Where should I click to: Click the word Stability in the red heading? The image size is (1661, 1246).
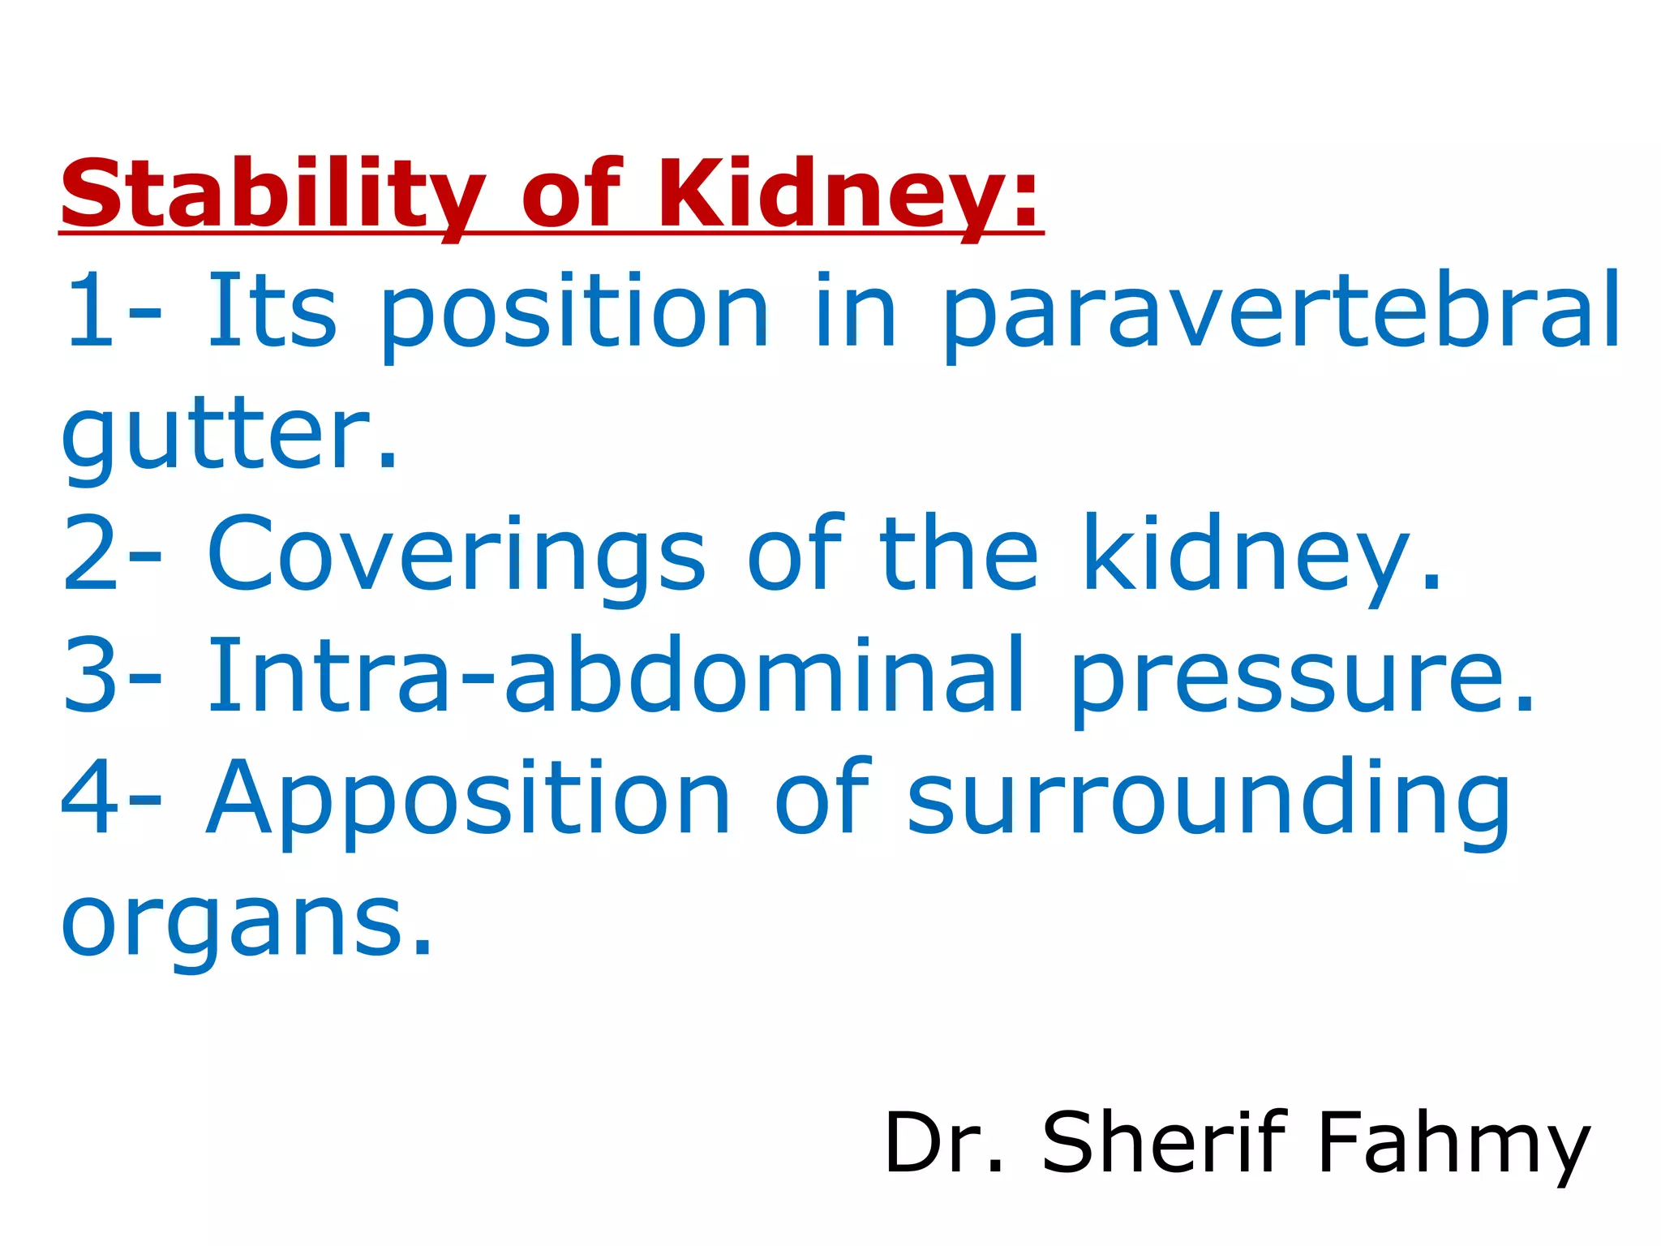(x=273, y=195)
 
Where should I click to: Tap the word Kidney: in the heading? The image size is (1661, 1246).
(x=848, y=195)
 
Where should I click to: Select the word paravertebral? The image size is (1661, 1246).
(x=1281, y=312)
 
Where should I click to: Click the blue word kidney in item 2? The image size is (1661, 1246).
(x=1261, y=556)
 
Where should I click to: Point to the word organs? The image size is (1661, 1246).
(x=247, y=925)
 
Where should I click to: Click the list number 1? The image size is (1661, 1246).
(x=91, y=312)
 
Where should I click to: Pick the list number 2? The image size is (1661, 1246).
(x=91, y=556)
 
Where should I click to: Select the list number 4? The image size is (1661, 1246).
(x=91, y=799)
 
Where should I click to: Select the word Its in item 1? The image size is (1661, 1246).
(x=272, y=312)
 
